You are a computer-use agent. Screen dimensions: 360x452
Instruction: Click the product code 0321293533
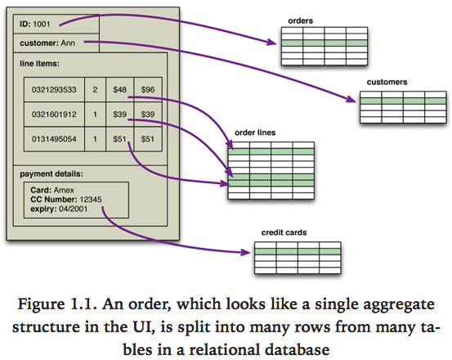point(54,90)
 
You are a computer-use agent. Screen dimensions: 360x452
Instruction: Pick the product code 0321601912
point(54,115)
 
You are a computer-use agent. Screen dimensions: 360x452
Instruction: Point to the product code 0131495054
point(54,139)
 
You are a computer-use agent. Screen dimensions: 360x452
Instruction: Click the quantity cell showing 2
point(96,90)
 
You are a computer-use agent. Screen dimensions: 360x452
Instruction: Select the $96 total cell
point(148,90)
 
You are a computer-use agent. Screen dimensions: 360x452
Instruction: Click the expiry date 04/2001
point(78,209)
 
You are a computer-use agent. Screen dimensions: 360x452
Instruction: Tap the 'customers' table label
point(388,83)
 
